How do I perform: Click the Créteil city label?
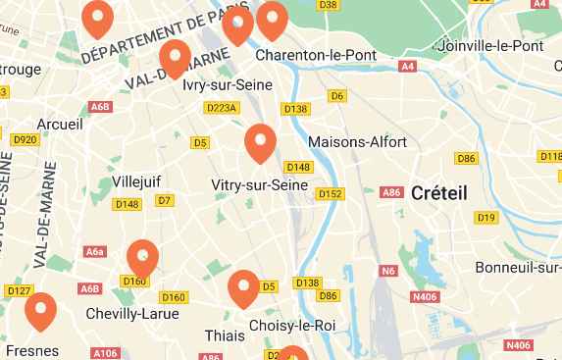pos(438,192)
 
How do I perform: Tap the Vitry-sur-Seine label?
pos(260,184)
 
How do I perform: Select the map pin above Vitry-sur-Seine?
pos(260,143)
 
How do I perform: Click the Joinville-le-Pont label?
pos(492,46)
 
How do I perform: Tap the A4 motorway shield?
pos(408,67)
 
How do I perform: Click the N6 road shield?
pos(388,271)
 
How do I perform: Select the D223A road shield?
pos(224,108)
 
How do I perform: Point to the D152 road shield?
pos(331,193)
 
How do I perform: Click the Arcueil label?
pos(60,125)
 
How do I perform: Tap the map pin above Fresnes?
pos(40,312)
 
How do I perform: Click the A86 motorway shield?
pos(392,192)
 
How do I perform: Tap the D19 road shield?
pos(485,217)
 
